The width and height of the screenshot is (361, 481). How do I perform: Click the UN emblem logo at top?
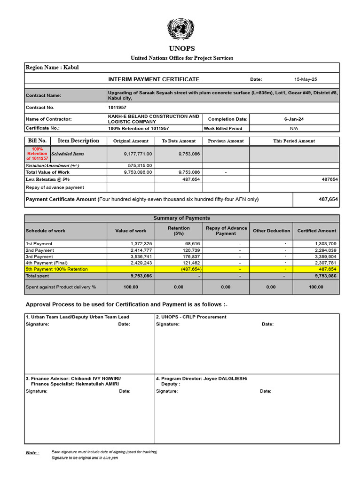[181, 29]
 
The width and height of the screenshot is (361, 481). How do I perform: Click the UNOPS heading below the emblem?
[181, 49]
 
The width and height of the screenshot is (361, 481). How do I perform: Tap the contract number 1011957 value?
[117, 108]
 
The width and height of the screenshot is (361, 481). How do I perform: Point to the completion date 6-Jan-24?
[294, 119]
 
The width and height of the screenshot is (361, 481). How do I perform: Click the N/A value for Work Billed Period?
[294, 128]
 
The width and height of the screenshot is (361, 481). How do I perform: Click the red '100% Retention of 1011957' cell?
[37, 154]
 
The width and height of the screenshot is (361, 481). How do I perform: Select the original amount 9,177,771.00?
[138, 154]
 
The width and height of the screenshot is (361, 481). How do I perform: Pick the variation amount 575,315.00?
[140, 165]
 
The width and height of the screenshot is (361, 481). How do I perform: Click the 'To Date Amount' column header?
[179, 141]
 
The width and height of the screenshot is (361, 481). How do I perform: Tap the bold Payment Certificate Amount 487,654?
[328, 199]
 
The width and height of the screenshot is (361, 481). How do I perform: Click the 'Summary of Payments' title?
[181, 218]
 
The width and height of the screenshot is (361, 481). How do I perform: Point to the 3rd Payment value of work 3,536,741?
[141, 257]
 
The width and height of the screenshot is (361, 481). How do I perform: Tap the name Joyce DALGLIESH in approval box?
[225, 378]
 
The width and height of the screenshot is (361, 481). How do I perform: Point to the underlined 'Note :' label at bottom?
[32, 453]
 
